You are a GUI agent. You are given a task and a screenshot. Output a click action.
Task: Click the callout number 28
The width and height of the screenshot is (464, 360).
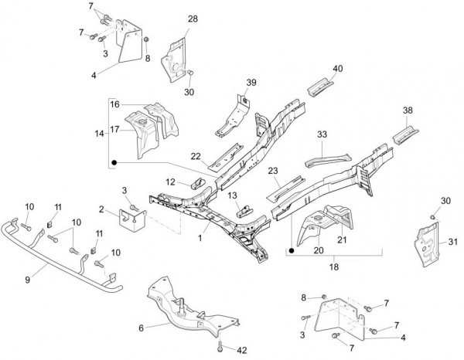tap(193, 19)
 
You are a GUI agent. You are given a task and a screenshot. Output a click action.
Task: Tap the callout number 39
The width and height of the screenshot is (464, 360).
tap(251, 83)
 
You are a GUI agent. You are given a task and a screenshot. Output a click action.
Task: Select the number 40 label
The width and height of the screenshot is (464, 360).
tap(337, 69)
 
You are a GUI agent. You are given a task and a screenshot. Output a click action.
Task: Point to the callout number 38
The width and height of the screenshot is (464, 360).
tap(408, 110)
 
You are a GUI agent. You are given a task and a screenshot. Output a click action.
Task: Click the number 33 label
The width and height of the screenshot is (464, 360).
tap(322, 134)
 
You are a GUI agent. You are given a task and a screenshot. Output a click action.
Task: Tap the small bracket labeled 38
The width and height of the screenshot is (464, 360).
tap(404, 136)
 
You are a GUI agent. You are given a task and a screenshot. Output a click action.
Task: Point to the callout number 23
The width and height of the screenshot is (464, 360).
tap(273, 171)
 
